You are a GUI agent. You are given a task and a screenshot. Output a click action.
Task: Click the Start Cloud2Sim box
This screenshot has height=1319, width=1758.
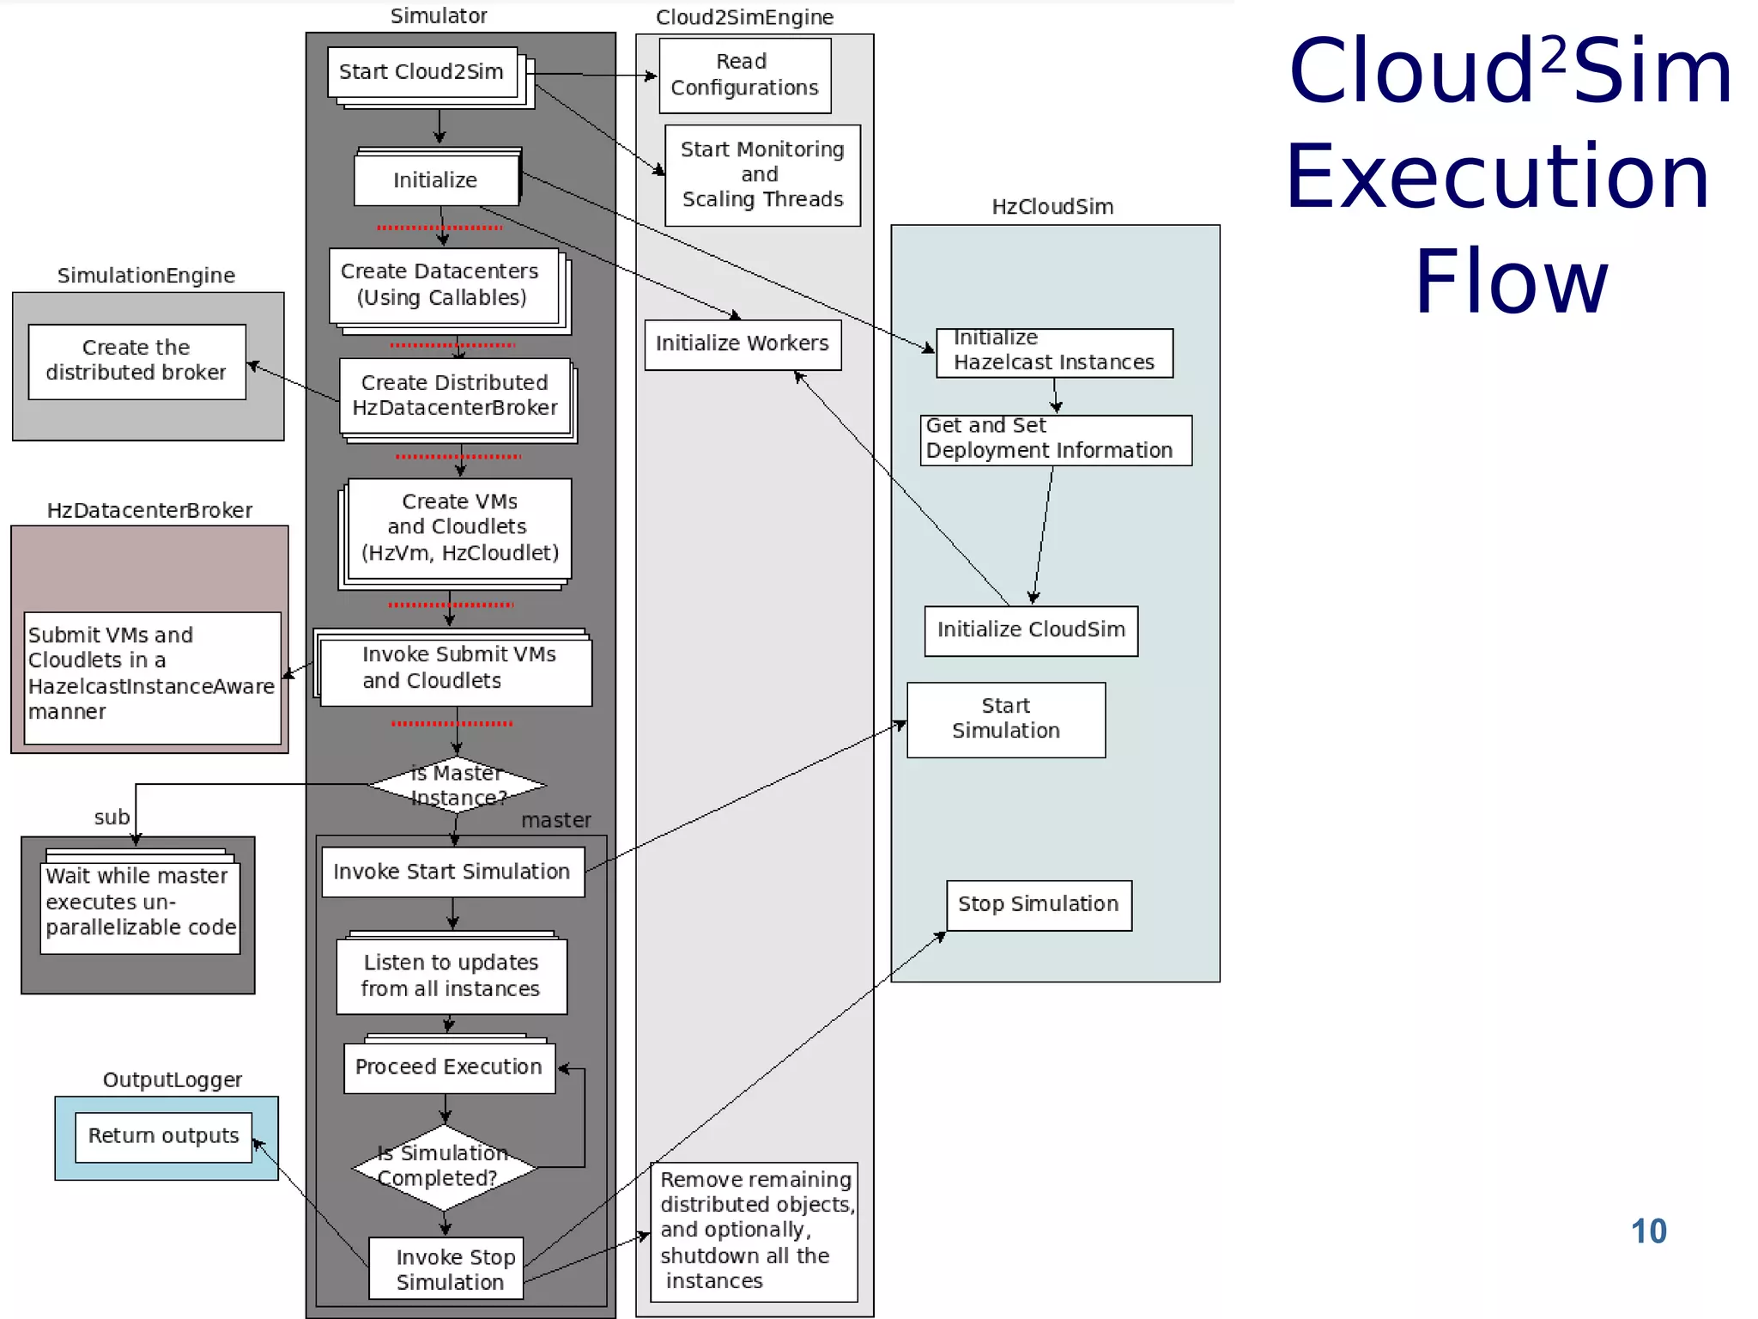422,72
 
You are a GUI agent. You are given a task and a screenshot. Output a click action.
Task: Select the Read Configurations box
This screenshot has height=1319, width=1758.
744,76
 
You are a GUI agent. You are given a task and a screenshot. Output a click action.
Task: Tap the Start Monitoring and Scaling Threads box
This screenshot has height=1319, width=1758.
762,175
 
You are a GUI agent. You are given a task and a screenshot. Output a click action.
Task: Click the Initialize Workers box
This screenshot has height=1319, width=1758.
743,344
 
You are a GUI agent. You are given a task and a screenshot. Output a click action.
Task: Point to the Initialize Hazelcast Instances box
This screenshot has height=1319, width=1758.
1054,352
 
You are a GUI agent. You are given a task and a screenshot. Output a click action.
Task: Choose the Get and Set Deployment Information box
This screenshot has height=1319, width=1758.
1055,440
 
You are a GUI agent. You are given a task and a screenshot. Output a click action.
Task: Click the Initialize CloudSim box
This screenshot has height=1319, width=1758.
1031,631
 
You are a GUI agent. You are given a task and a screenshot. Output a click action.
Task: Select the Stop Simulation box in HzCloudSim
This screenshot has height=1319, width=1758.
1039,905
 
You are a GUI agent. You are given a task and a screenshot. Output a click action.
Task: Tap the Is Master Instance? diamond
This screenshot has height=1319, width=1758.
457,785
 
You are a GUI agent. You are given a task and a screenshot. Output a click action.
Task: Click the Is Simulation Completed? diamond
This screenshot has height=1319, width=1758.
444,1167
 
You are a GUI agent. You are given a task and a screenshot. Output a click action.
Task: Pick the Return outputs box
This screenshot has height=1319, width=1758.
163,1137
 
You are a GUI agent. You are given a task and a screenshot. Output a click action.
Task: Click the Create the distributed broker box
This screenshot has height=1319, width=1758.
136,362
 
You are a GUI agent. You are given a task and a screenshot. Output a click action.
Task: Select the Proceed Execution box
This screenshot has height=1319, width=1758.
449,1067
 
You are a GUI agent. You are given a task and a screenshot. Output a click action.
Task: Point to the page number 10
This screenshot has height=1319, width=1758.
1648,1231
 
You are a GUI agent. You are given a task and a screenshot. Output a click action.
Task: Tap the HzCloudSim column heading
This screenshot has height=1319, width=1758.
1052,207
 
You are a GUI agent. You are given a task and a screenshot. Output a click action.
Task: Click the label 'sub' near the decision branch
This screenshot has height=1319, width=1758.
112,818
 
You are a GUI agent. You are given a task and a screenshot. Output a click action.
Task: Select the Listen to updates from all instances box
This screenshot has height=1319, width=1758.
451,976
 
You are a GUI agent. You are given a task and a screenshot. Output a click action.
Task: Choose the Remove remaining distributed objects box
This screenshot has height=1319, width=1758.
754,1231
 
